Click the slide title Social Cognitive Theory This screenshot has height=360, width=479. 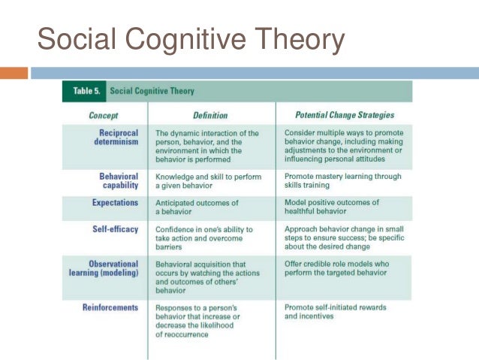coord(191,38)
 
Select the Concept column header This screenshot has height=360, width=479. coord(103,115)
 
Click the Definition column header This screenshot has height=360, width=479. coord(210,115)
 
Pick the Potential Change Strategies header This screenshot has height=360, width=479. coord(345,115)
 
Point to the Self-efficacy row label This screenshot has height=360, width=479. coord(116,228)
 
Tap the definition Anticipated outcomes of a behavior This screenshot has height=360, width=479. coord(197,207)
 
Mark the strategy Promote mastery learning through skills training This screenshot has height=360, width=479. coord(344,181)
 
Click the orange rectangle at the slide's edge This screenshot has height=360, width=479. coord(14,74)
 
